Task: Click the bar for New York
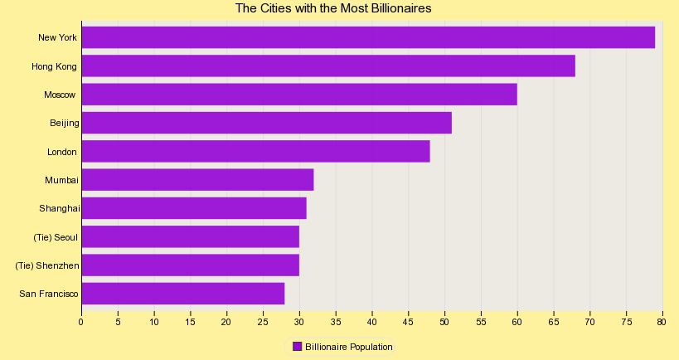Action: point(368,37)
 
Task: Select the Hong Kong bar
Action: point(328,66)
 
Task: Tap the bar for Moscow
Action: point(299,95)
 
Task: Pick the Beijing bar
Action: point(266,123)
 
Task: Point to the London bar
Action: point(255,151)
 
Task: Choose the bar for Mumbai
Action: point(197,180)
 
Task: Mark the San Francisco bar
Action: point(182,294)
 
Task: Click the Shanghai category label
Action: point(59,208)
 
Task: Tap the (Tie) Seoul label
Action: point(56,237)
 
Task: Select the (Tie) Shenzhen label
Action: point(47,265)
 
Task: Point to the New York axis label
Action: point(57,37)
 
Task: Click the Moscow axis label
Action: point(60,95)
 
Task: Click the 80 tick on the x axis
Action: point(662,322)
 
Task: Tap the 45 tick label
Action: point(408,322)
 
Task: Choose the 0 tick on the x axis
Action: point(81,322)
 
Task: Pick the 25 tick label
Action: point(263,322)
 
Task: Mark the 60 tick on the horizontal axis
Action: point(517,322)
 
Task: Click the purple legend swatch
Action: point(297,346)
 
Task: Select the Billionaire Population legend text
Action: point(348,347)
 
